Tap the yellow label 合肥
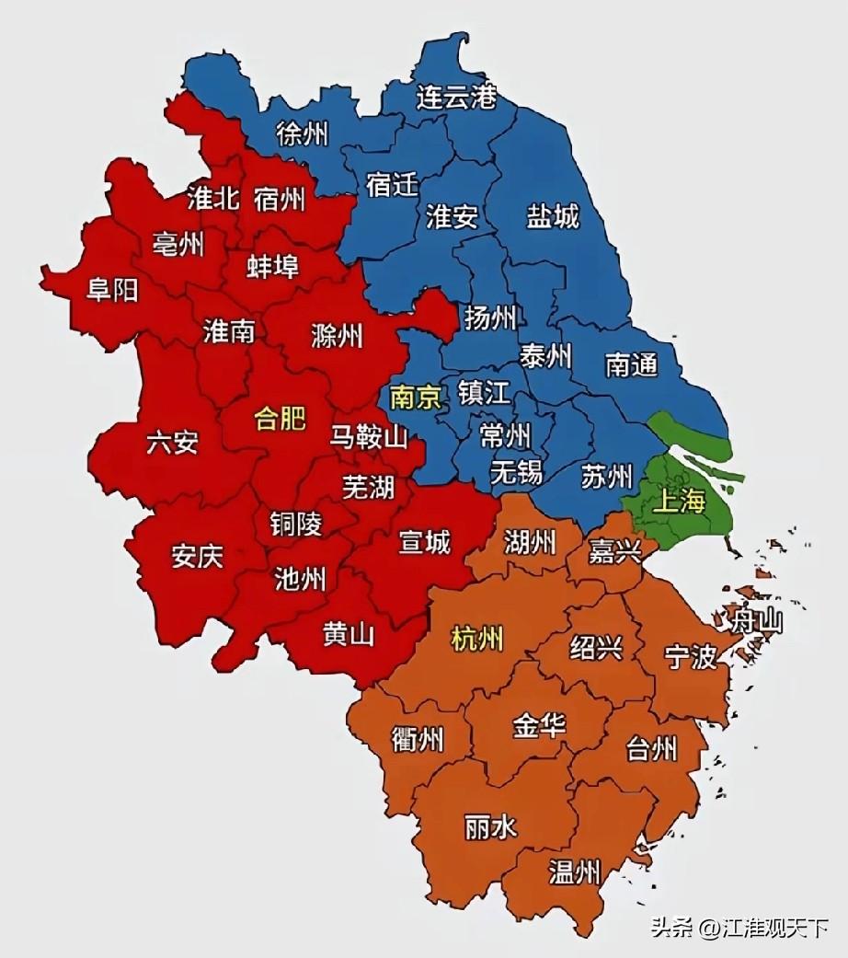point(280,420)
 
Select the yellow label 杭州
point(478,638)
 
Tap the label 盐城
point(553,217)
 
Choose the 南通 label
point(631,364)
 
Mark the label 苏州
point(607,476)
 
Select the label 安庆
point(197,557)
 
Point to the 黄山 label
point(349,634)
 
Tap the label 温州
point(575,871)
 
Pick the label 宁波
point(690,657)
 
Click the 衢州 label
point(418,738)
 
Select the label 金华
point(539,725)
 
